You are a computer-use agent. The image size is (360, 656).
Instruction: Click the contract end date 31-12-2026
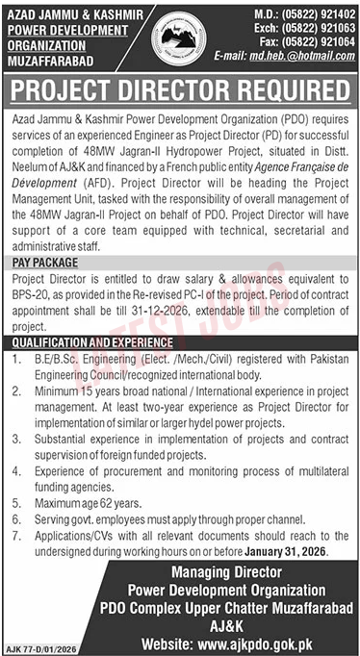click(187, 313)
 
